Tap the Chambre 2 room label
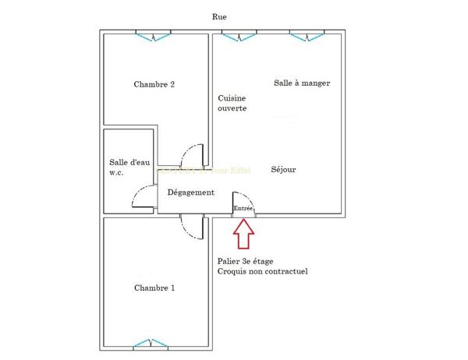point(154,85)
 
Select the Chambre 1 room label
point(154,288)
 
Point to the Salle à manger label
point(296,83)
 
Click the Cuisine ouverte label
point(232,103)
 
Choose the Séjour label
point(283,170)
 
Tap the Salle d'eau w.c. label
point(129,168)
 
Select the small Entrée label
point(243,209)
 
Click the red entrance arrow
point(243,233)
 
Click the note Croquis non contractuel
point(262,272)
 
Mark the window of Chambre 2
point(154,34)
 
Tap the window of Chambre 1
point(151,344)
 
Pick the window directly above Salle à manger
point(307,34)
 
